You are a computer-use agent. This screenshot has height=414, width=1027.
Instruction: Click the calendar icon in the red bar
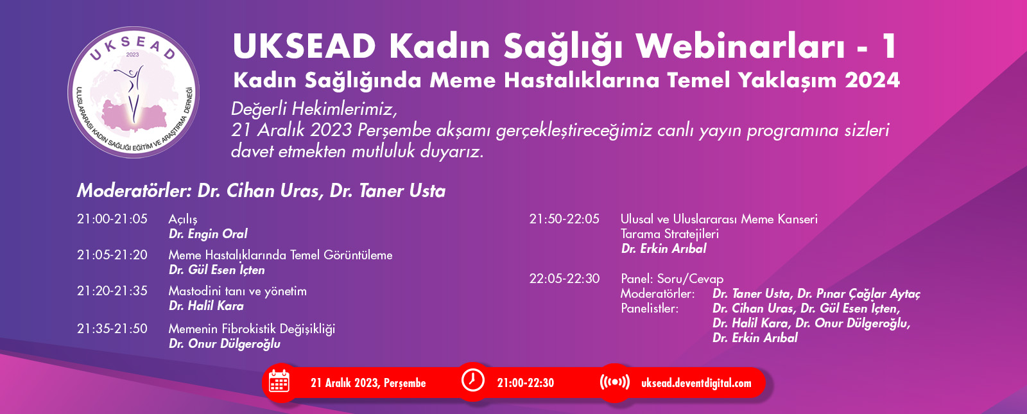[279, 381]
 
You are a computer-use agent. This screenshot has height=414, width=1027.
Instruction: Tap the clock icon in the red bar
[472, 380]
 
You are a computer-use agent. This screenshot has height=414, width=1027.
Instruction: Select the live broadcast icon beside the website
[615, 382]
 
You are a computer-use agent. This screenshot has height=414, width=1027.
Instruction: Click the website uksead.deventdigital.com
[696, 383]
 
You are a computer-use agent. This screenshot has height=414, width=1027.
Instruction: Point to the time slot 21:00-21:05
[112, 219]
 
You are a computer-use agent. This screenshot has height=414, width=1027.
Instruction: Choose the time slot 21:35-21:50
[112, 329]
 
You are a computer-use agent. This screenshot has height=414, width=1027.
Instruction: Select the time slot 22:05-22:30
[564, 279]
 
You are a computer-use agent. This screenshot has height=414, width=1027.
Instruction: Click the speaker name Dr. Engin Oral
[208, 234]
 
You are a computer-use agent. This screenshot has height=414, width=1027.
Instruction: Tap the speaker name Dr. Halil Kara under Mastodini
[206, 306]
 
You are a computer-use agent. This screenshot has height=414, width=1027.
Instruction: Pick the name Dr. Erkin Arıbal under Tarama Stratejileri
[664, 248]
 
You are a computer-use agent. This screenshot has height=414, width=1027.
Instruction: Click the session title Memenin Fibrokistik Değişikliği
[252, 329]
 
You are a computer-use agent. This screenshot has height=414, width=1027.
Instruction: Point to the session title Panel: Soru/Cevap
[672, 279]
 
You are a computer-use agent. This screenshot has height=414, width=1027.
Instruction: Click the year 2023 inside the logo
[132, 55]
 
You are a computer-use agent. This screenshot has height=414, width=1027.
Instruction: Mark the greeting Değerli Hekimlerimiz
[314, 110]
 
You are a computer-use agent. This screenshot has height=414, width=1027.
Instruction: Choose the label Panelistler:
[650, 308]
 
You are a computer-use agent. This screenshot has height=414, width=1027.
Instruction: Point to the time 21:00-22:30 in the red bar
[526, 383]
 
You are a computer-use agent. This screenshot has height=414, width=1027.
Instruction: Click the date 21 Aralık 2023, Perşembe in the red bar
[368, 383]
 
